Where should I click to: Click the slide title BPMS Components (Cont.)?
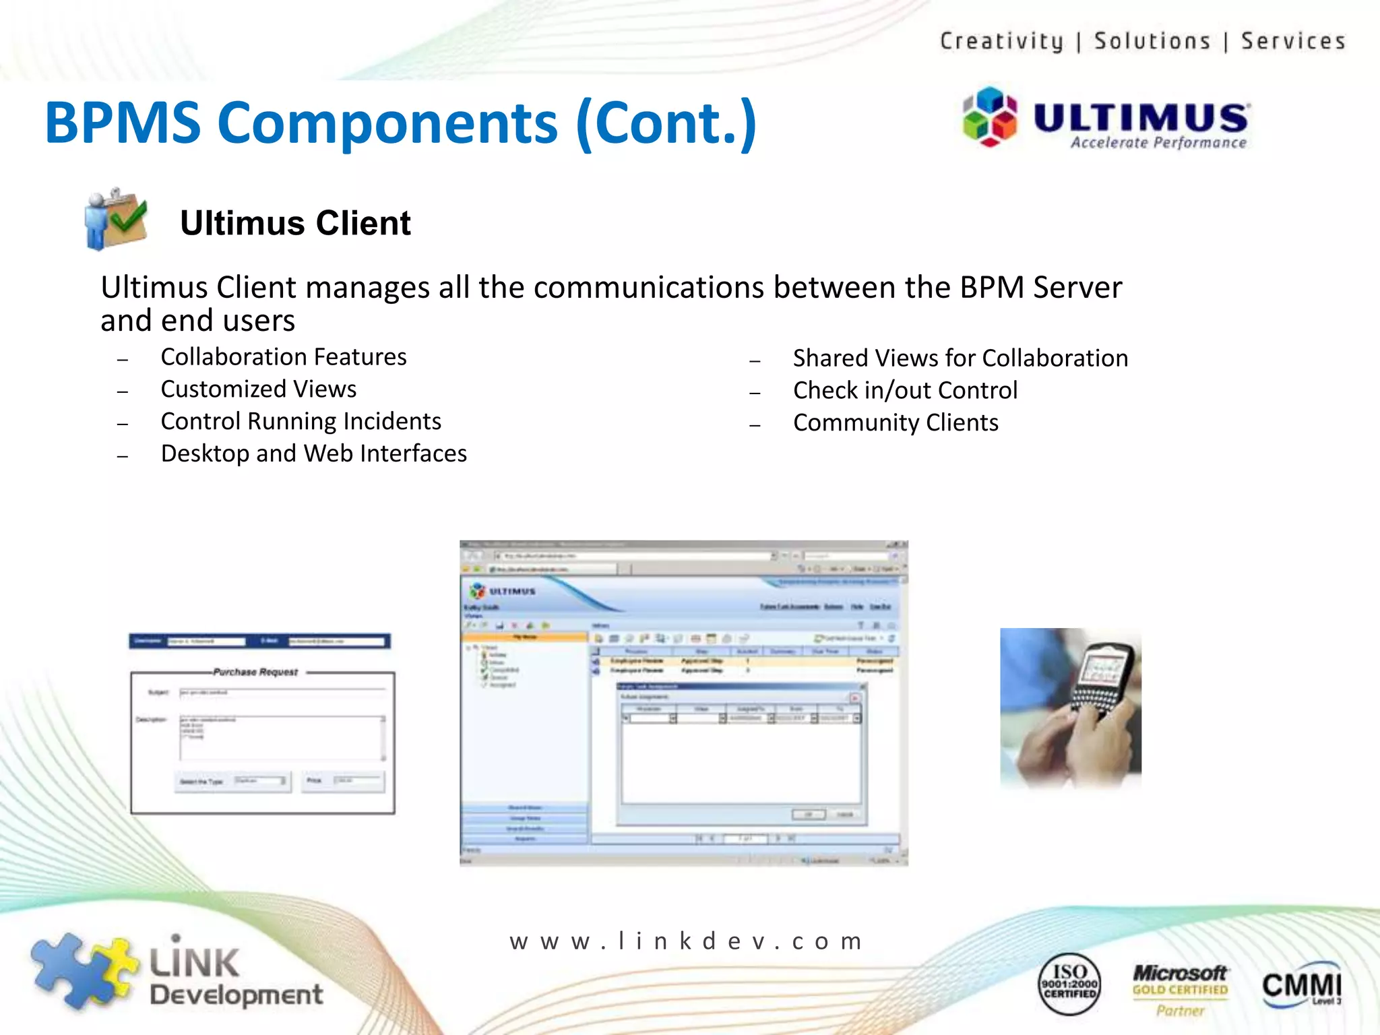point(401,123)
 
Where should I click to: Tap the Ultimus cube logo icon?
point(989,117)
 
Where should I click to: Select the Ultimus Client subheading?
point(295,223)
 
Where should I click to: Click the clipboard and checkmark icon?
point(116,218)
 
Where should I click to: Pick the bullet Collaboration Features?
point(283,356)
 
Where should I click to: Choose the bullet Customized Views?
point(258,389)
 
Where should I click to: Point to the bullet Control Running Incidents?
point(301,421)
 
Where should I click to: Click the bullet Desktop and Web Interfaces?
point(313,453)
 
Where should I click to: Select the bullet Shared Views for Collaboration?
point(960,358)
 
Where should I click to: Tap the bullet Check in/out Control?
point(904,390)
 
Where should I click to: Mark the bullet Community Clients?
point(895,422)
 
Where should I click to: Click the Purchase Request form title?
point(255,672)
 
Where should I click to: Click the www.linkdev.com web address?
point(686,941)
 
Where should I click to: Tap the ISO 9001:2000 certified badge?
point(1069,983)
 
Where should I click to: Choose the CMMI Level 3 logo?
point(1301,985)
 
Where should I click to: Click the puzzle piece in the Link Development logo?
point(81,970)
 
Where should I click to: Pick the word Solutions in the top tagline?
point(1152,41)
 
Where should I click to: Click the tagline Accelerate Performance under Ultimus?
point(1158,143)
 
